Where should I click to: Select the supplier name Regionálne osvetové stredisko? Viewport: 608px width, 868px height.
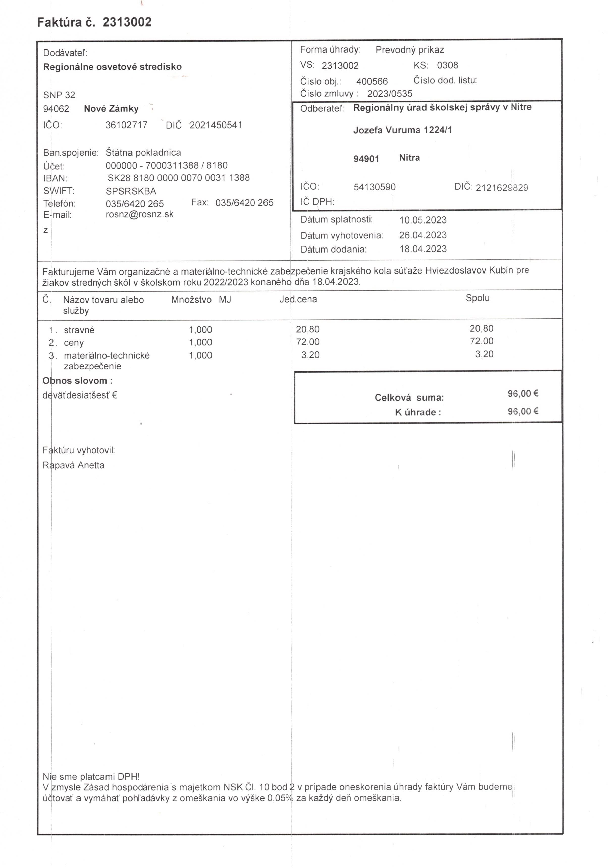tap(112, 67)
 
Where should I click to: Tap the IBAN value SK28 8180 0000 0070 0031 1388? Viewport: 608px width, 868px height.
tap(178, 178)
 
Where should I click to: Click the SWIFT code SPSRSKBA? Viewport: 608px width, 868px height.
tap(131, 191)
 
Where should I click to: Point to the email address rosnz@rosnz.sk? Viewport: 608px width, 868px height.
tap(139, 214)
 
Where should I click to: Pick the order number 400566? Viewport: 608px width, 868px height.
tap(372, 81)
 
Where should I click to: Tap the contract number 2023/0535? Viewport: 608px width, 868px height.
tap(390, 94)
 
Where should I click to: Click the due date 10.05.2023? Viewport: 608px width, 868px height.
tap(423, 220)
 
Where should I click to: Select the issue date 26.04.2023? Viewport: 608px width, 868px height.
tap(423, 235)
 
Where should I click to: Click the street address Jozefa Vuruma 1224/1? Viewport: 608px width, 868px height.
tap(403, 130)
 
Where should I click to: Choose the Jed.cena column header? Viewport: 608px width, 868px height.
tap(298, 300)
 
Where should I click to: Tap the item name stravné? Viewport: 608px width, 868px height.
tap(79, 330)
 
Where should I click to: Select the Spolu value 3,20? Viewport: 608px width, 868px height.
tap(484, 354)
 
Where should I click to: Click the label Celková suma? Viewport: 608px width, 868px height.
tap(409, 398)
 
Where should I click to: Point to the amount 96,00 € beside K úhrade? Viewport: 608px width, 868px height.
tap(523, 411)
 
